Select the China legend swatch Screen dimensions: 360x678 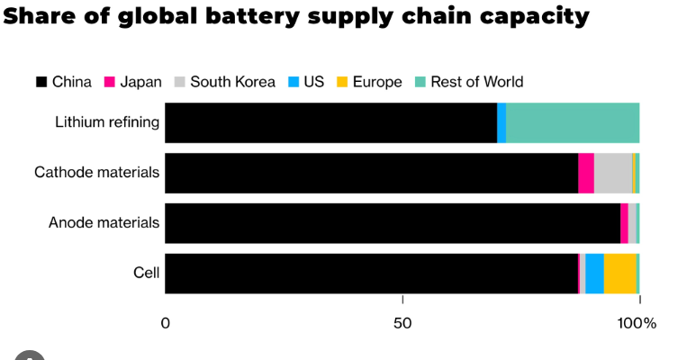click(41, 82)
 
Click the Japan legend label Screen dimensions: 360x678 click(140, 82)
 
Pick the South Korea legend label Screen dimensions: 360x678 click(232, 82)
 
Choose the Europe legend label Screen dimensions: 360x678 click(376, 82)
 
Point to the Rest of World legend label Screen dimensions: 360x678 click(476, 82)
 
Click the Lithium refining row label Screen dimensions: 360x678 click(107, 121)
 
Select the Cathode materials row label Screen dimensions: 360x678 click(96, 172)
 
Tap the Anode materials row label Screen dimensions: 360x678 click(104, 222)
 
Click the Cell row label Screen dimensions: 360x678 click(146, 273)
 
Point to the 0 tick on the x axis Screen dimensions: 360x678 click(166, 323)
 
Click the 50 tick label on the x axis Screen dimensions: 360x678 click(402, 323)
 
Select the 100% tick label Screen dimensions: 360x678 click(637, 323)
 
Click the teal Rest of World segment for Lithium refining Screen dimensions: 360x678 click(573, 122)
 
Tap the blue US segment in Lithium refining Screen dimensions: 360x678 click(502, 122)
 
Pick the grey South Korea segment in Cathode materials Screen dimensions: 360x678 click(612, 173)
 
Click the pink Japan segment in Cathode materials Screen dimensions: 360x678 click(586, 173)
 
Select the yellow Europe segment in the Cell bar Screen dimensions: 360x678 click(619, 274)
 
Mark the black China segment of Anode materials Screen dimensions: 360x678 click(393, 223)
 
